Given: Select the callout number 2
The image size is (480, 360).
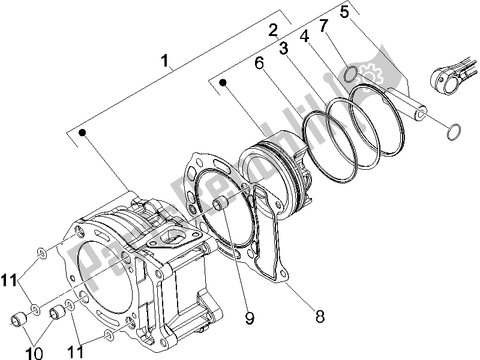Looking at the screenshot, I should tap(274, 30).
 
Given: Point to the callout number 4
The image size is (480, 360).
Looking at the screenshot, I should tap(304, 35).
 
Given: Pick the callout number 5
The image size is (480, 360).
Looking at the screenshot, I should tap(344, 11).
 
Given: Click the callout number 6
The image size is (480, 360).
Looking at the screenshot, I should tap(259, 62).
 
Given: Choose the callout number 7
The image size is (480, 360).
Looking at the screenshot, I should tap(323, 26).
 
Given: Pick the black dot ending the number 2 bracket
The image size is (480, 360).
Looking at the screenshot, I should tap(223, 83).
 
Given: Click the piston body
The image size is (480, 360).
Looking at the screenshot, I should tap(270, 171).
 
